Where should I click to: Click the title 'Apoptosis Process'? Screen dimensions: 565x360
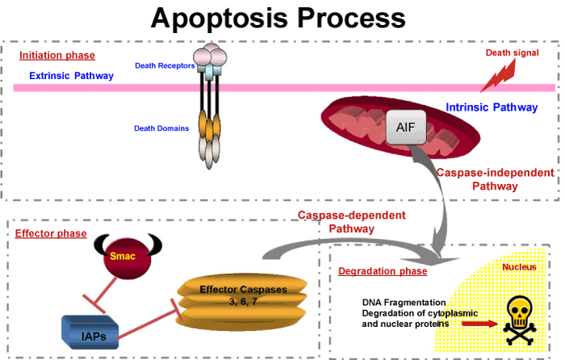coord(278,19)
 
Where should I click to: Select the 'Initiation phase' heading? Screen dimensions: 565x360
coord(57,56)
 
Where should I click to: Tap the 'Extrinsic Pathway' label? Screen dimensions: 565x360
coord(71,76)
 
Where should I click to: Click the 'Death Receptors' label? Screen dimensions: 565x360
coord(165,65)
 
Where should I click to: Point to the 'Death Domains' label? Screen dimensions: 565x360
coord(161,128)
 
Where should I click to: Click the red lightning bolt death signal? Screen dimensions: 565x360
coord(499,77)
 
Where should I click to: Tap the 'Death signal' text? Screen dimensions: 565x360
coord(512,52)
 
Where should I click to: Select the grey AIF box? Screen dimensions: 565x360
coord(406,128)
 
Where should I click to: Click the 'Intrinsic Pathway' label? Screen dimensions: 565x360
coord(492,107)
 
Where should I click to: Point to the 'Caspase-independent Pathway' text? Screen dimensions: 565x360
coord(495,179)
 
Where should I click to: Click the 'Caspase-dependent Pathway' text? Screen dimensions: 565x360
coord(352,222)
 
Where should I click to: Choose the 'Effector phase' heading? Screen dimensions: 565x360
coord(51,233)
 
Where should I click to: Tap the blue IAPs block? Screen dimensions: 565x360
coord(90,333)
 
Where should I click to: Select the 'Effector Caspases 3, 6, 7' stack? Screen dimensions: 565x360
coord(242,301)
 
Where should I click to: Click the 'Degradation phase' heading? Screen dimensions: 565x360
coord(383,271)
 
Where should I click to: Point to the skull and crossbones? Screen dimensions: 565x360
coord(519,320)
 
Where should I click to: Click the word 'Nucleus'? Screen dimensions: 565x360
coord(519,267)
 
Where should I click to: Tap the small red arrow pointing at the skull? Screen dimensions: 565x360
coord(479,324)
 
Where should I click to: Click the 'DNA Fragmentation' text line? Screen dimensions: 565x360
coord(404,303)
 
